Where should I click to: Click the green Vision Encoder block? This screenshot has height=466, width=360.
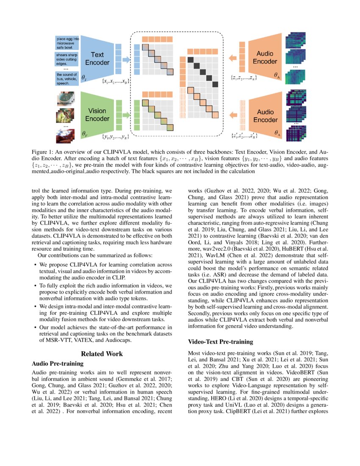pyautogui.click(x=96, y=115)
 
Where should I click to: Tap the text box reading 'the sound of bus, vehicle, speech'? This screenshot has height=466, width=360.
pyautogui.click(x=67, y=79)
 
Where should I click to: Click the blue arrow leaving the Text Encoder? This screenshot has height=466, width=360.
pyautogui.click(x=126, y=60)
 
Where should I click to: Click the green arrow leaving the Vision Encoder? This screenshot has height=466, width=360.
pyautogui.click(x=126, y=114)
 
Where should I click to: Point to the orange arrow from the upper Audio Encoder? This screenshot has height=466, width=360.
pyautogui.click(x=233, y=58)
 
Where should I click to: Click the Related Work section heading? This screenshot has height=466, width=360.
pyautogui.click(x=102, y=354)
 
